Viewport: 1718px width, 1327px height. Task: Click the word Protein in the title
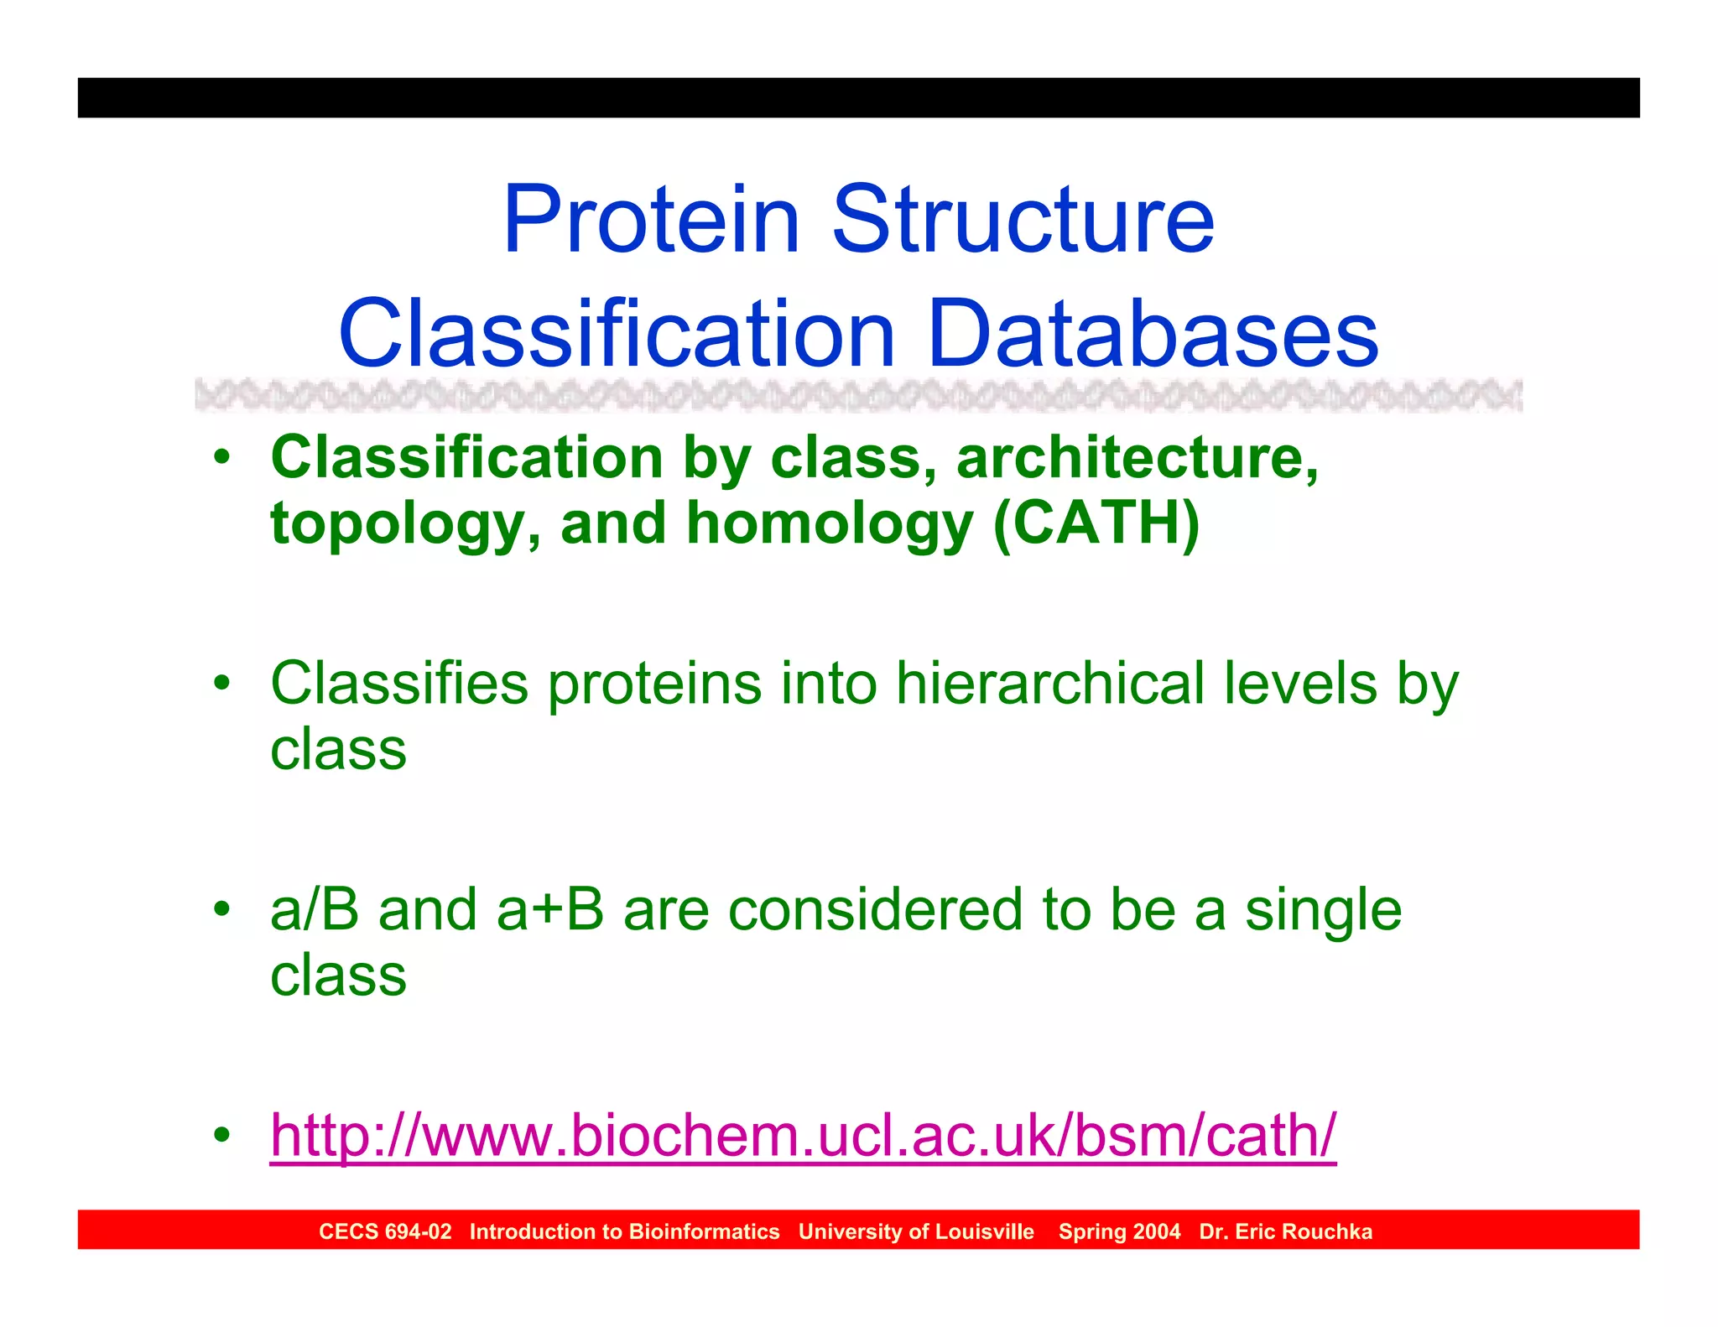651,220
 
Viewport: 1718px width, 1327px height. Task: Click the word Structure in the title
1023,220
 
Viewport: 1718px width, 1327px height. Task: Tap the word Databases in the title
1153,335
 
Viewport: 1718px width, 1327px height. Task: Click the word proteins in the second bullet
654,684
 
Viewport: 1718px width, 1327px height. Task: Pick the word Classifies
399,683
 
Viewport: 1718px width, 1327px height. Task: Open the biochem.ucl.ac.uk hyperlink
802,1136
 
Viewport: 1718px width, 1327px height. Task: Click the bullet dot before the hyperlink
221,1136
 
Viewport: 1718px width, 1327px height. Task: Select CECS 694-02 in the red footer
385,1231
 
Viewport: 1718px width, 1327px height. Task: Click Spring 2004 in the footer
1119,1231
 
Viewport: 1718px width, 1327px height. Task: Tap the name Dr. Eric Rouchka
1285,1231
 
